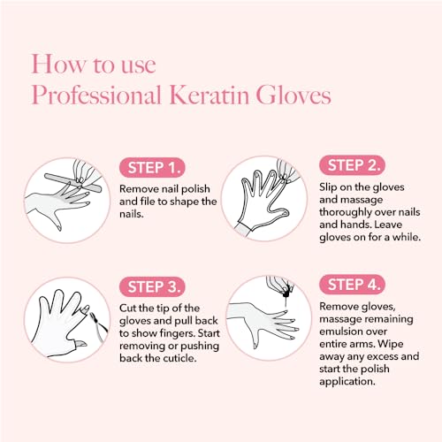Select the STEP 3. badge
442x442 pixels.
tap(151, 286)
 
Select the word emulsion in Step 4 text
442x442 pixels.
tap(345, 334)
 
